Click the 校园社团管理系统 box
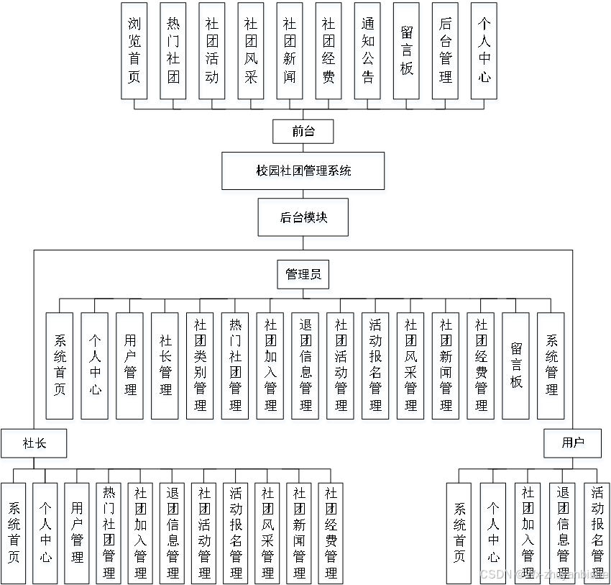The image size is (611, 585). click(x=303, y=171)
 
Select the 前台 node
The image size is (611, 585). click(x=303, y=132)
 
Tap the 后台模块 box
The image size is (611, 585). click(x=303, y=217)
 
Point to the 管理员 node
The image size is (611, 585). click(x=303, y=274)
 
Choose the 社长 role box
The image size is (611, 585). click(x=34, y=443)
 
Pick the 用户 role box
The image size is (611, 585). click(x=572, y=443)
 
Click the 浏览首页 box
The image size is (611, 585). click(x=134, y=50)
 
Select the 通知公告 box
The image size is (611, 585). click(x=367, y=50)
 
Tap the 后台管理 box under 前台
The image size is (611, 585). click(x=445, y=50)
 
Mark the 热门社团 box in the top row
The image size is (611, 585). click(x=173, y=50)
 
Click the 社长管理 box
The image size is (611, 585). click(x=165, y=366)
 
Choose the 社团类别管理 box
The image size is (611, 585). click(x=201, y=366)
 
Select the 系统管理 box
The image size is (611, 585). click(x=551, y=366)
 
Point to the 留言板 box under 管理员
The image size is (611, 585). click(x=516, y=366)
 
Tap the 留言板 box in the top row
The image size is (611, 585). click(x=406, y=50)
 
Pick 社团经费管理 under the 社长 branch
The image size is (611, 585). click(x=331, y=532)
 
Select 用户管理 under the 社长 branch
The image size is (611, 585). click(x=77, y=532)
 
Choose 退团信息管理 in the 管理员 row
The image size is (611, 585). click(x=305, y=366)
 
